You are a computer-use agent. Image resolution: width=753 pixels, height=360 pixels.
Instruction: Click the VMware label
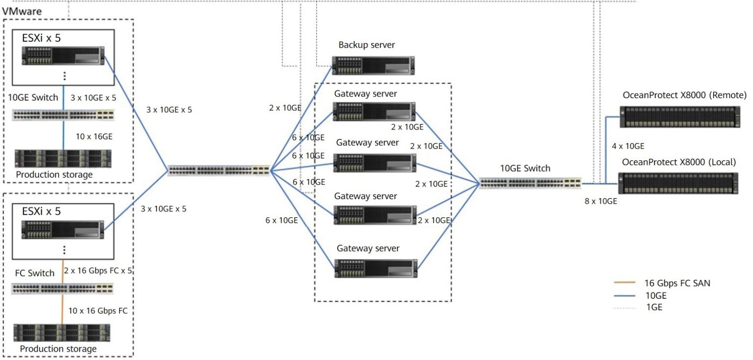point(22,11)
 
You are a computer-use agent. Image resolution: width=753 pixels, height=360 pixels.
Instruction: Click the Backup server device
point(373,65)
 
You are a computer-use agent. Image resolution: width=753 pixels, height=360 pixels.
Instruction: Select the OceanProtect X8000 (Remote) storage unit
point(680,117)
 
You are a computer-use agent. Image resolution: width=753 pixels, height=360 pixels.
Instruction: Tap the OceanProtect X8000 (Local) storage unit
point(678,183)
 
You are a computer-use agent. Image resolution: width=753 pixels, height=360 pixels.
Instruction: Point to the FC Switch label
point(35,273)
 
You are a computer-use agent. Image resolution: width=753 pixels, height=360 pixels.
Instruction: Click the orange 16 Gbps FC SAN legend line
point(625,283)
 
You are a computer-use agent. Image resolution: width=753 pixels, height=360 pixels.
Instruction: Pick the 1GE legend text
point(654,307)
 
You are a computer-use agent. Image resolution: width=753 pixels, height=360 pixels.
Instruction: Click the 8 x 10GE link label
point(601,201)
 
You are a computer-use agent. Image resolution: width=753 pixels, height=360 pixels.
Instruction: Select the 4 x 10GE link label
point(628,146)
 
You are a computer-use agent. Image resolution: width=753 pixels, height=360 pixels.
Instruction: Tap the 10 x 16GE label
point(94,136)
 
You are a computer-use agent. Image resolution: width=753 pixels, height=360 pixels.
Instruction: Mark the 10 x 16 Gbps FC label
point(98,310)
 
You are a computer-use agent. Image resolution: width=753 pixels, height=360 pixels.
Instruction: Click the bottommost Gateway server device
point(376,268)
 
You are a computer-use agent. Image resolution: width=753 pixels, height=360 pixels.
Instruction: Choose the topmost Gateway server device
point(374,111)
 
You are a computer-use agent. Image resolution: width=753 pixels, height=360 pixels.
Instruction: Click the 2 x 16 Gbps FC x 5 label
point(98,271)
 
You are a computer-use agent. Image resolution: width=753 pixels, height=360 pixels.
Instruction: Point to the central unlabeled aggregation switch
point(219,170)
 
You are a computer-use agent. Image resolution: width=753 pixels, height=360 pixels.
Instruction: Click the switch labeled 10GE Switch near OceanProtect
point(530,183)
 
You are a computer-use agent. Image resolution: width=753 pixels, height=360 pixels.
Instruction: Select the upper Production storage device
point(63,158)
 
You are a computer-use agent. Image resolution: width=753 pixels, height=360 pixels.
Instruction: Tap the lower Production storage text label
point(58,349)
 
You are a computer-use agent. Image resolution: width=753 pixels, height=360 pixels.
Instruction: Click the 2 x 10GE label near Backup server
point(285,108)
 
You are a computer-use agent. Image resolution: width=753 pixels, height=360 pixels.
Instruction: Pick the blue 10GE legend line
point(625,296)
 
